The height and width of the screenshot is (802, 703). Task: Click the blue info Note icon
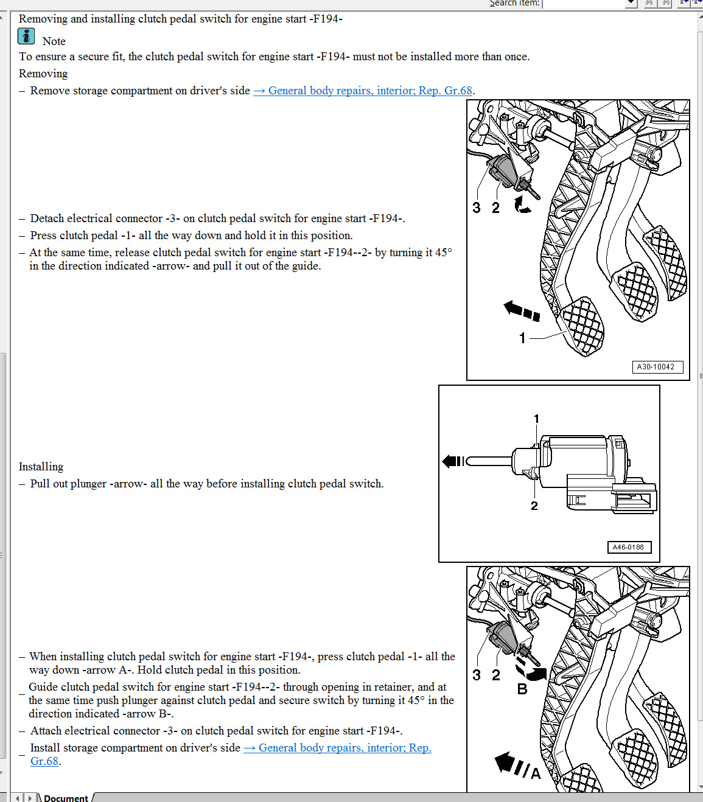click(x=26, y=37)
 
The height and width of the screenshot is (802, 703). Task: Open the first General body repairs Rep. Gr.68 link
click(x=363, y=91)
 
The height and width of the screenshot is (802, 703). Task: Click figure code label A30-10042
click(x=656, y=367)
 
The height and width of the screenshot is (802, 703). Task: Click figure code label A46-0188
click(x=628, y=547)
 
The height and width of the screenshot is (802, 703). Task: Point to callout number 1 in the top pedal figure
click(x=522, y=338)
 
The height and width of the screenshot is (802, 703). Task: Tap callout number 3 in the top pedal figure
click(x=477, y=208)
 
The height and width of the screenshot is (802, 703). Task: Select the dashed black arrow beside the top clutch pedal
click(x=522, y=310)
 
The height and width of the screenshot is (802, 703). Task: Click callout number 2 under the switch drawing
click(x=534, y=506)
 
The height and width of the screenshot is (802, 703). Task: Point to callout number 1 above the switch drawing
click(x=536, y=419)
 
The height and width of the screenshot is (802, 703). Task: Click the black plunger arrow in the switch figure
click(x=453, y=461)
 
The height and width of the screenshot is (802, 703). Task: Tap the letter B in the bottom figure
click(x=522, y=689)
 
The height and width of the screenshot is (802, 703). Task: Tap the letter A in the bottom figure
click(x=536, y=773)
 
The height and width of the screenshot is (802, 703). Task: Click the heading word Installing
click(x=41, y=467)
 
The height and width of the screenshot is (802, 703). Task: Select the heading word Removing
click(x=43, y=74)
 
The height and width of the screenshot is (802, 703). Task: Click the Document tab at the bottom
click(x=66, y=798)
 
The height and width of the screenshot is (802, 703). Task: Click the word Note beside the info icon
click(x=54, y=41)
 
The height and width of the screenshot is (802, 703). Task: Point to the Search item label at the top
click(x=514, y=3)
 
